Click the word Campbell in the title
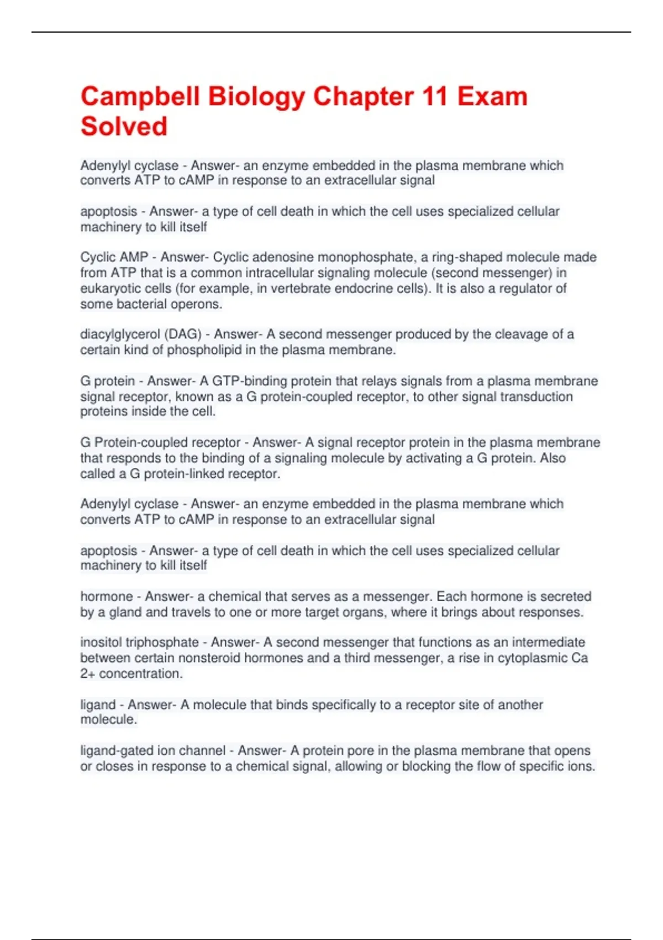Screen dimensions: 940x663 tap(140, 97)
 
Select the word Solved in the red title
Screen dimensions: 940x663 tap(124, 127)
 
